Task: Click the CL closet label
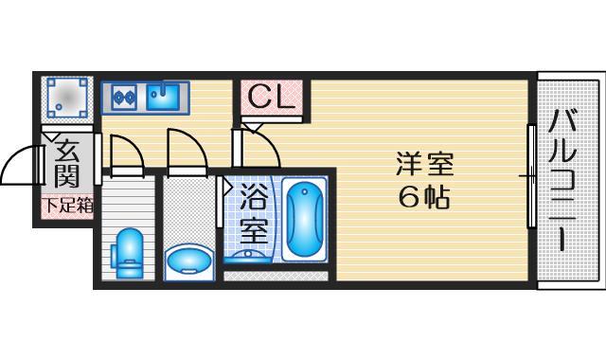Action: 272,96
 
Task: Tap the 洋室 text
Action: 425,165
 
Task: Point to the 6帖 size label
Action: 425,197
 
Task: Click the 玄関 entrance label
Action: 65,163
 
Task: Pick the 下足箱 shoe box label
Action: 66,205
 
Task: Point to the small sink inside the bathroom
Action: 249,253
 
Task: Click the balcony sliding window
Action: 531,175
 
